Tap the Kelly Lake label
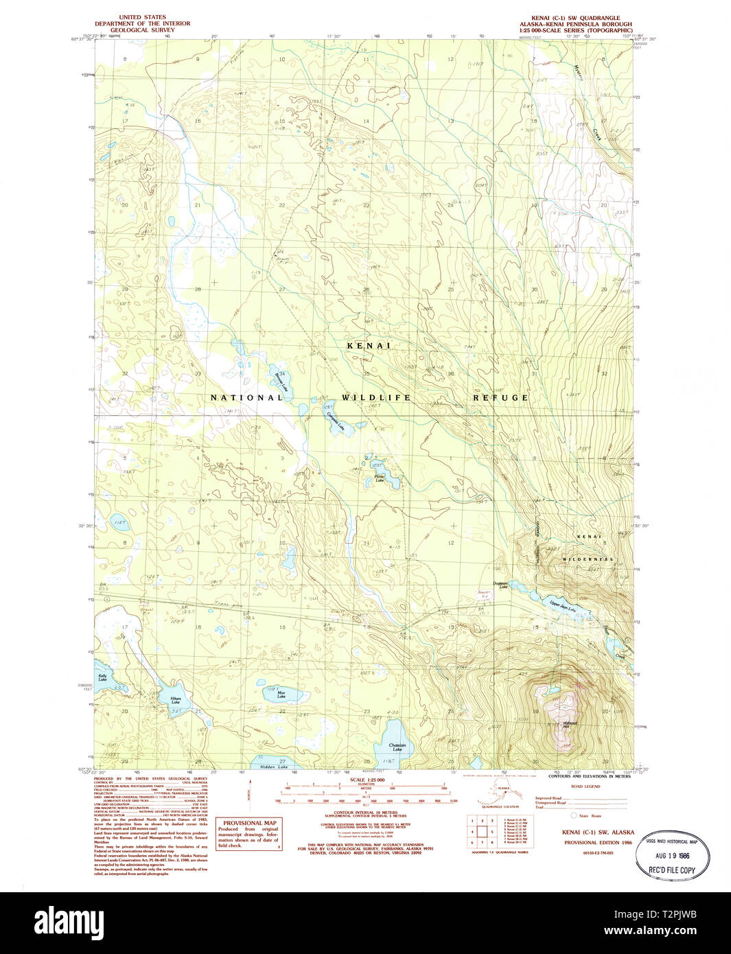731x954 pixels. (x=102, y=677)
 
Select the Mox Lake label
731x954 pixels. (x=281, y=695)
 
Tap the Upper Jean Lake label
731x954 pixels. (x=561, y=605)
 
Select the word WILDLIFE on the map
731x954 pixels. (x=376, y=397)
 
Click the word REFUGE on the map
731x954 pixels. (x=500, y=397)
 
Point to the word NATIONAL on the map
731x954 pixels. (x=246, y=397)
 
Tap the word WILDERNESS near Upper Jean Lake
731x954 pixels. (x=588, y=559)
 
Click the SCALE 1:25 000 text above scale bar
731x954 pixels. (x=367, y=780)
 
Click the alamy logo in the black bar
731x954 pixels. (x=69, y=922)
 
